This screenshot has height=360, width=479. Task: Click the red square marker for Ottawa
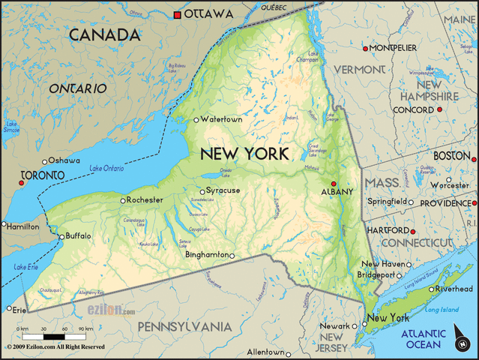[x=177, y=14]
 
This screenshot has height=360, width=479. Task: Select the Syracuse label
[x=223, y=190]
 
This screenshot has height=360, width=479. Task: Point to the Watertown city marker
[x=196, y=119]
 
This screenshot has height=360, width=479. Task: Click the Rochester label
[x=145, y=200]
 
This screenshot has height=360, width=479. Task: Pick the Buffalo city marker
[x=61, y=237]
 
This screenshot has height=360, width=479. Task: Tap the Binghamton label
[x=207, y=255]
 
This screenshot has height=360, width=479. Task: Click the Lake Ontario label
[x=106, y=168]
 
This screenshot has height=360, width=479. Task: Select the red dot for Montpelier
[x=366, y=49]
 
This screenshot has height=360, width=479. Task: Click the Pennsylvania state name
[x=184, y=326]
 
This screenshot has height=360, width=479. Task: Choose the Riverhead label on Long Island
[x=455, y=289]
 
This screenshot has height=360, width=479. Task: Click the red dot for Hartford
[x=412, y=231]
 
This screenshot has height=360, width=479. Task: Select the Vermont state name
[x=359, y=70]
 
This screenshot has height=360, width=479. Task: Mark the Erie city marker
[x=9, y=308]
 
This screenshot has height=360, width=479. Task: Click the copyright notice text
[x=55, y=347]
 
